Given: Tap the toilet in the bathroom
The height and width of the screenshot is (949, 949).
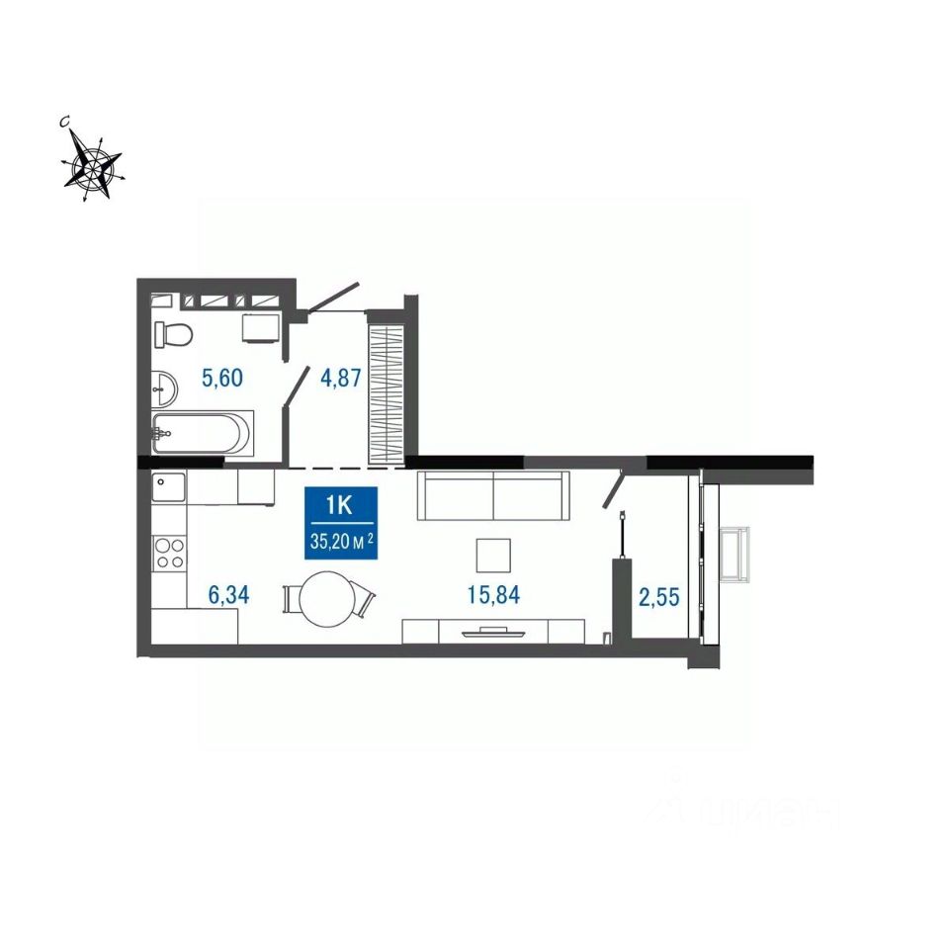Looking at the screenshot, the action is pyautogui.click(x=172, y=333).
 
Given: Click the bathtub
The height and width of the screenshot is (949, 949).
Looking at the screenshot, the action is pyautogui.click(x=202, y=432).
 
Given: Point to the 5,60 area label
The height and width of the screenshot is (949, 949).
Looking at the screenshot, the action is pyautogui.click(x=222, y=379).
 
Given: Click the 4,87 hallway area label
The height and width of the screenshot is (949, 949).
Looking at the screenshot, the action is pyautogui.click(x=341, y=379).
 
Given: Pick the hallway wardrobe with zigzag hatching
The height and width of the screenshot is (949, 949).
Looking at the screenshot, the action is pyautogui.click(x=387, y=395).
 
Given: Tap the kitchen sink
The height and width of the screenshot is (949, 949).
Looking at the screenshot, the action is pyautogui.click(x=168, y=487).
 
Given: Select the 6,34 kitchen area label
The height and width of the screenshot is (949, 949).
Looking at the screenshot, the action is pyautogui.click(x=228, y=595).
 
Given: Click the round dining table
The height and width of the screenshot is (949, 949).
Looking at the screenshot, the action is pyautogui.click(x=328, y=599).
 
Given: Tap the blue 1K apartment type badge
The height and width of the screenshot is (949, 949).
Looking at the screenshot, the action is pyautogui.click(x=341, y=523).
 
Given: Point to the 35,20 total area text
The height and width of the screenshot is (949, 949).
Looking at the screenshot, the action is pyautogui.click(x=341, y=541).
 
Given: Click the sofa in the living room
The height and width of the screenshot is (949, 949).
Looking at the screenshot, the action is pyautogui.click(x=494, y=495).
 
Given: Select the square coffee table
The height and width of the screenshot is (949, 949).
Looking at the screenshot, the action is pyautogui.click(x=493, y=556).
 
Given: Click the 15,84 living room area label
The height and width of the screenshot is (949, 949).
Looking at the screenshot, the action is pyautogui.click(x=493, y=595).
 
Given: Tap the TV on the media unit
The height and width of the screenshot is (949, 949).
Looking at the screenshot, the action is pyautogui.click(x=493, y=633).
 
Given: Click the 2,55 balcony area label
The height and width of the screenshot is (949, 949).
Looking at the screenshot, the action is pyautogui.click(x=659, y=597).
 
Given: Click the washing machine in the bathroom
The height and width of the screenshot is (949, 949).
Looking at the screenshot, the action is pyautogui.click(x=261, y=328).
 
